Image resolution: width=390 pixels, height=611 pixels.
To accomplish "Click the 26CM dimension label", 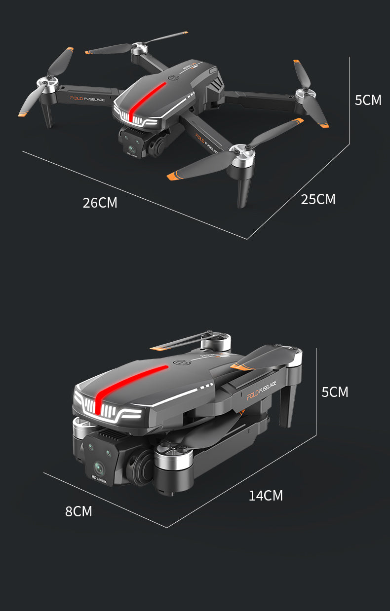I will (x=100, y=202).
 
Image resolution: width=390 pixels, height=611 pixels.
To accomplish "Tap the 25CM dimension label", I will (x=318, y=199).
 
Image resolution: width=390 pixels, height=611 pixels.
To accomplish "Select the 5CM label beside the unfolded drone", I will (x=368, y=100).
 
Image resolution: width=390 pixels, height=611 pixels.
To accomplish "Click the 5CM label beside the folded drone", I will (x=335, y=392).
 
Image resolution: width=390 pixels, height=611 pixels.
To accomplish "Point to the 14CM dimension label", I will (x=266, y=496).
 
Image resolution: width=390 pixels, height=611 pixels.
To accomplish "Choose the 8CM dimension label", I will (x=78, y=511).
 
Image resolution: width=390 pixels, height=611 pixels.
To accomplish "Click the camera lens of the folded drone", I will (x=99, y=466).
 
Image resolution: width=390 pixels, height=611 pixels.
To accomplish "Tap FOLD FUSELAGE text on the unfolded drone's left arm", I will (x=87, y=100).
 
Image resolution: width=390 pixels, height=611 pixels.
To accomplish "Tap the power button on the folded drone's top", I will (x=181, y=363).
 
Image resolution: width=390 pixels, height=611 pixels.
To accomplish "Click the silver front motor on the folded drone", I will (x=173, y=459).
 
